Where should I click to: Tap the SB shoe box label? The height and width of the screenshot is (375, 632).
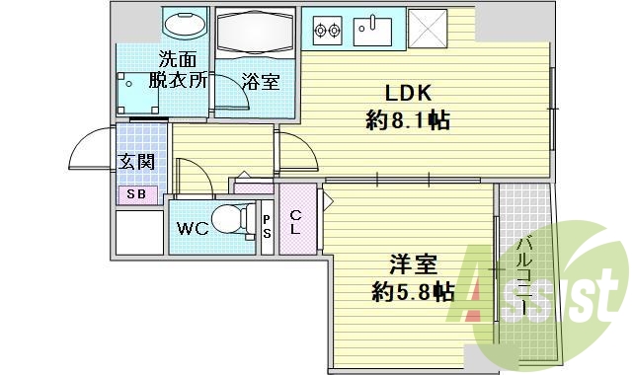(x=135, y=194)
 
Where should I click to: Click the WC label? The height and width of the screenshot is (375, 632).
(x=192, y=229)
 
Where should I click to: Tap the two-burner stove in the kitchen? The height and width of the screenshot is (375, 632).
(x=327, y=30)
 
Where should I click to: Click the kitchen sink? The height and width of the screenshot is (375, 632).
(x=375, y=29)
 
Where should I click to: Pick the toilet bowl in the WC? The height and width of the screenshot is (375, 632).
(x=231, y=216)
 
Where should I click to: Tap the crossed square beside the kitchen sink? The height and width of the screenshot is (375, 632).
(x=433, y=29)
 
